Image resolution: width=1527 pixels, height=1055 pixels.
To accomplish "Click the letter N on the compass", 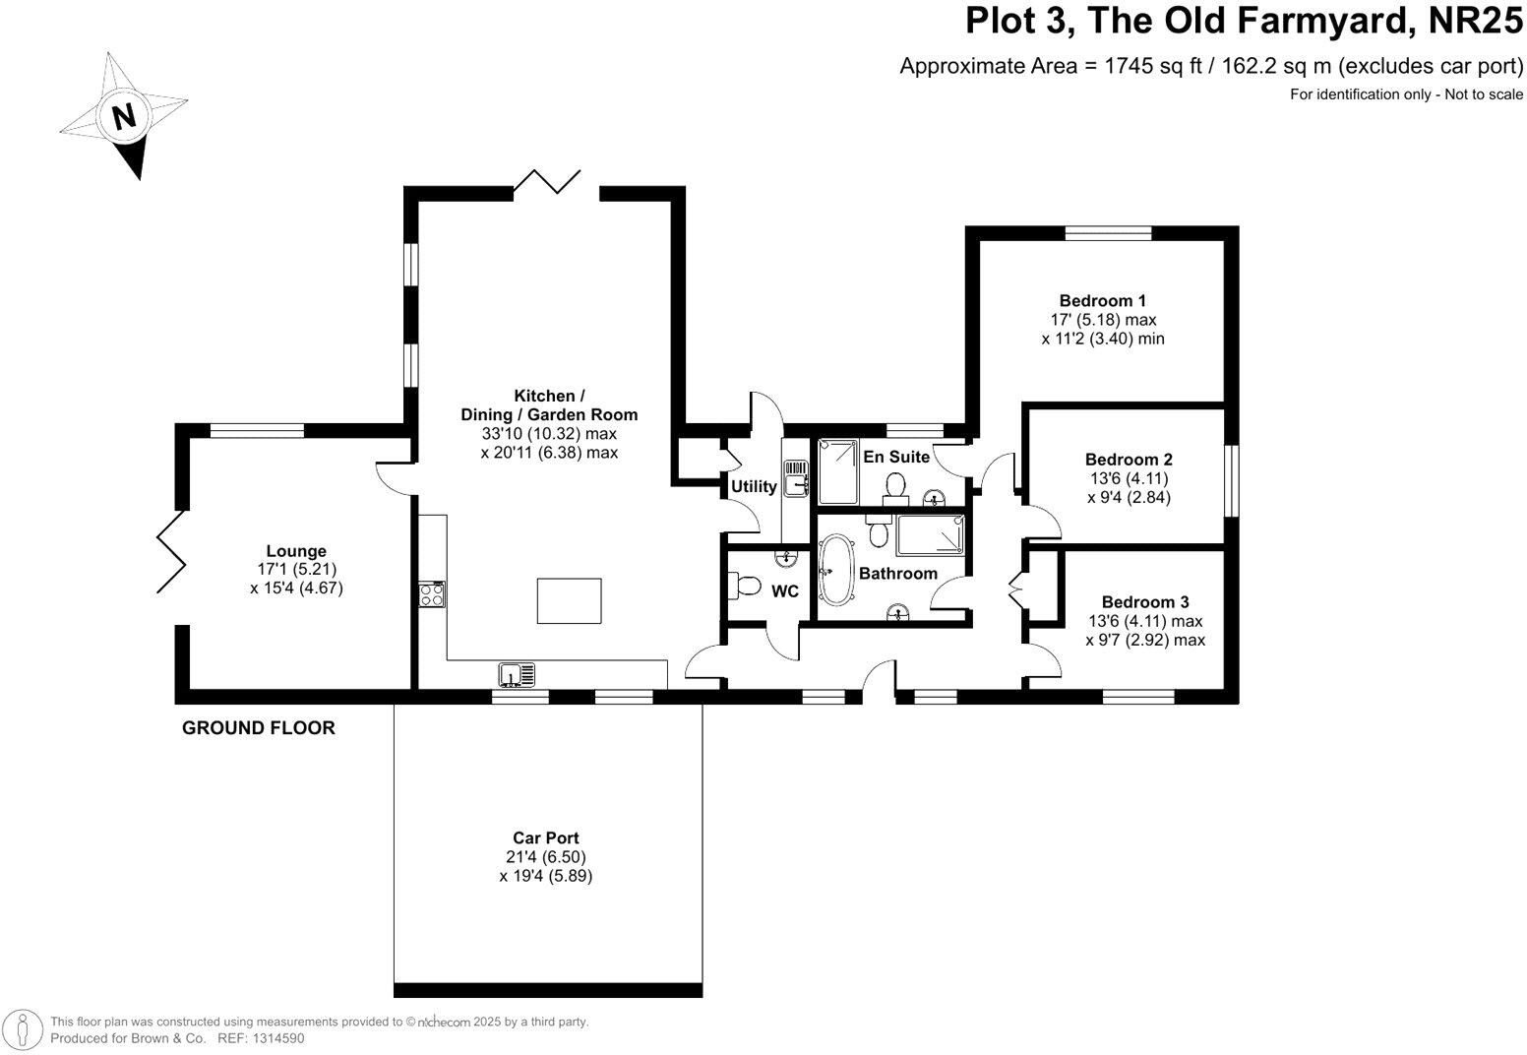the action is tap(123, 116).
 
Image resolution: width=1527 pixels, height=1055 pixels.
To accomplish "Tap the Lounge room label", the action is tap(296, 550).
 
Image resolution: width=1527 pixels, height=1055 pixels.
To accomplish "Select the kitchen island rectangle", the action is tap(570, 600).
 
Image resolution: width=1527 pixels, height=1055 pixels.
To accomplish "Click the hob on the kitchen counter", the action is tap(432, 594).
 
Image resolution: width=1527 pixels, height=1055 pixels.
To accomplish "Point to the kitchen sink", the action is tap(518, 674).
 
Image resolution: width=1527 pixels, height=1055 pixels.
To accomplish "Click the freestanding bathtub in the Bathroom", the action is tap(835, 570).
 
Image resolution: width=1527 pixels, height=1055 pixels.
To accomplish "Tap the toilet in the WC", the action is tap(745, 586).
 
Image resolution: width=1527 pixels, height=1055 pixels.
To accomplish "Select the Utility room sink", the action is tap(796, 477).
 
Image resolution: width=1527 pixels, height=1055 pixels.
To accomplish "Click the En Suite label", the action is tap(896, 457).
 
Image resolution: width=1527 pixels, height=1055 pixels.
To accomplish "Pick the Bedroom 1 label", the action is tap(1102, 300).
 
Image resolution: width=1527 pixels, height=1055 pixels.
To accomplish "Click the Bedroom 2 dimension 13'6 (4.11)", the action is tap(1129, 478).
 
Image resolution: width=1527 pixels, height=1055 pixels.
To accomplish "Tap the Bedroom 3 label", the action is tap(1145, 601).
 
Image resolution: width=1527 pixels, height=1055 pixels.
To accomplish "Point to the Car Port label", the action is tap(546, 838).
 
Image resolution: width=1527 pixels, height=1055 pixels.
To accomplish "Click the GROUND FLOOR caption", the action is tap(259, 727).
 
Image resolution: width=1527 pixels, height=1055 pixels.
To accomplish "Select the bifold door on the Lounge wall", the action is tap(171, 552).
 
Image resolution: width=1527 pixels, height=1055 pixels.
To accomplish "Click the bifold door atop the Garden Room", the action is tap(547, 181).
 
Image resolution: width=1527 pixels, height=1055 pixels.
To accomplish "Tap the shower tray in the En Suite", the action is tap(838, 472).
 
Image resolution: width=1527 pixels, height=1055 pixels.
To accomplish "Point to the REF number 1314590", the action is tap(277, 1038).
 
